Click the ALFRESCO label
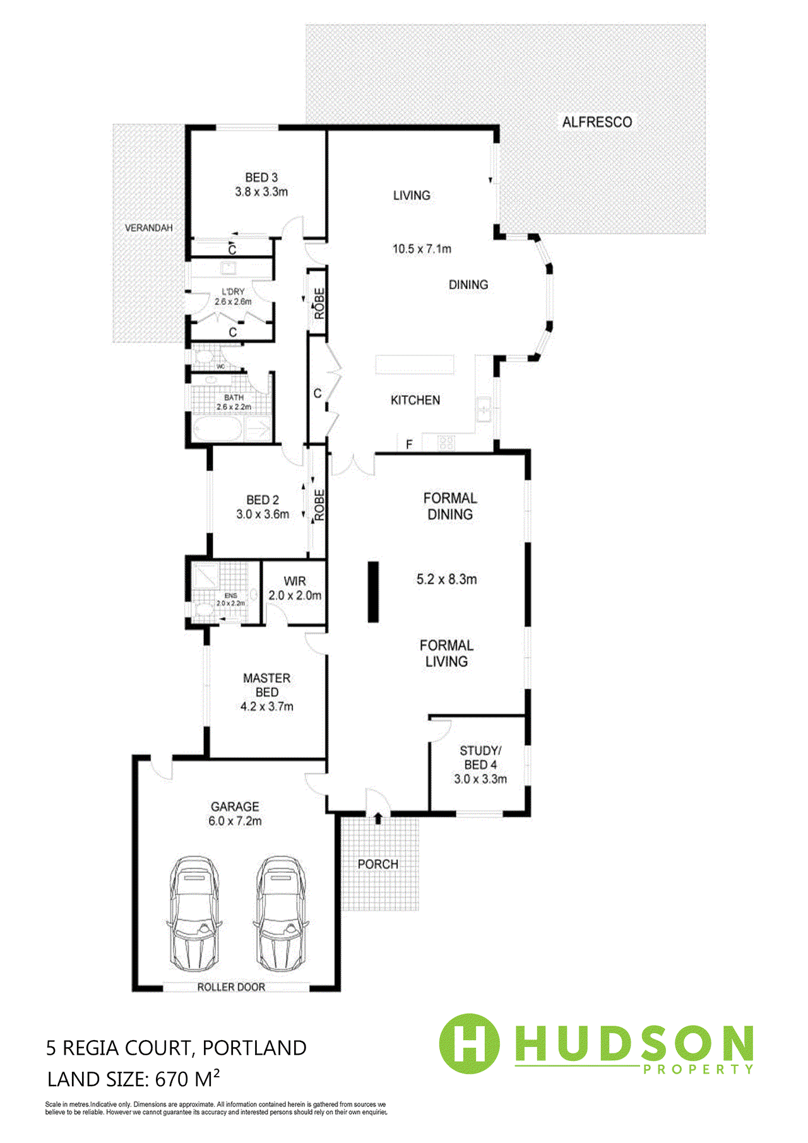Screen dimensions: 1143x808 [597, 122]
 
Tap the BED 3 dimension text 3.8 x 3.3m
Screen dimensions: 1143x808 [261, 192]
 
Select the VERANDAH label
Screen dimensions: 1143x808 [148, 228]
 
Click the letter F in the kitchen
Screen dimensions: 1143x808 [409, 445]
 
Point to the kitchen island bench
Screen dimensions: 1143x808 [415, 365]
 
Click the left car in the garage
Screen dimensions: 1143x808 [194, 913]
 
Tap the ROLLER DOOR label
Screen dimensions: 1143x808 [231, 987]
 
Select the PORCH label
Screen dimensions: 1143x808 [377, 864]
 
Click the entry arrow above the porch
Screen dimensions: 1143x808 [377, 819]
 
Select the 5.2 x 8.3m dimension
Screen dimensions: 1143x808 [446, 579]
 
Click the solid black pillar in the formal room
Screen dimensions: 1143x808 [374, 592]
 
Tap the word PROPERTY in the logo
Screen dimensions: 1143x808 [698, 1069]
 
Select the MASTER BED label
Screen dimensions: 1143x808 [266, 685]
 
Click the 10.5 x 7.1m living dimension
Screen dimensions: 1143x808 [422, 249]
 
